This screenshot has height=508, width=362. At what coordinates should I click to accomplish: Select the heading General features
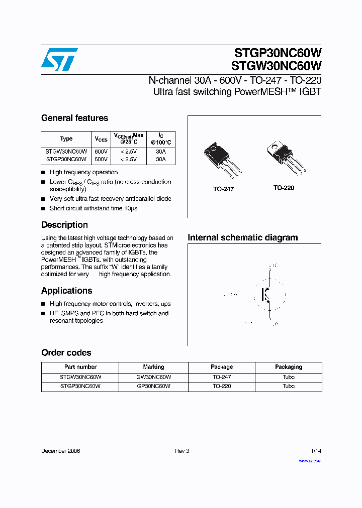74,118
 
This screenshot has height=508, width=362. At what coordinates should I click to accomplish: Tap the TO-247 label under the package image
223,189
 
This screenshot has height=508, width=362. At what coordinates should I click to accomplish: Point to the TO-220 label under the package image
284,188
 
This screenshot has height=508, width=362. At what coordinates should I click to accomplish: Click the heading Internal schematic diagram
242,237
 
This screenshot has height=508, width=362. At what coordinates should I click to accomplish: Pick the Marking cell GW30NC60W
154,377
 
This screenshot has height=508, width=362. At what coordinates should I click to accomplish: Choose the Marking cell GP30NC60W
154,387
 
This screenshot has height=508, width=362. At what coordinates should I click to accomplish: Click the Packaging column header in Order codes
289,367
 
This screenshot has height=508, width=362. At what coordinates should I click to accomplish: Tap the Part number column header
80,367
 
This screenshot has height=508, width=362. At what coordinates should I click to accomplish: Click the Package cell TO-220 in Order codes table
222,387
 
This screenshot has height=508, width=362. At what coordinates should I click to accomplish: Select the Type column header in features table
66,139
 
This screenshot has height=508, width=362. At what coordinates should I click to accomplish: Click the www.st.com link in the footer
310,460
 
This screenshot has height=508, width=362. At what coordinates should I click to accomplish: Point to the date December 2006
60,451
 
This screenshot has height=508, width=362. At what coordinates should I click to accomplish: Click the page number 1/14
316,451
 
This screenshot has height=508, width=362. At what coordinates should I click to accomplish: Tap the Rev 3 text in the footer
182,451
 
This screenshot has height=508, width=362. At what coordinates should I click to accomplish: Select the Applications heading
66,291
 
